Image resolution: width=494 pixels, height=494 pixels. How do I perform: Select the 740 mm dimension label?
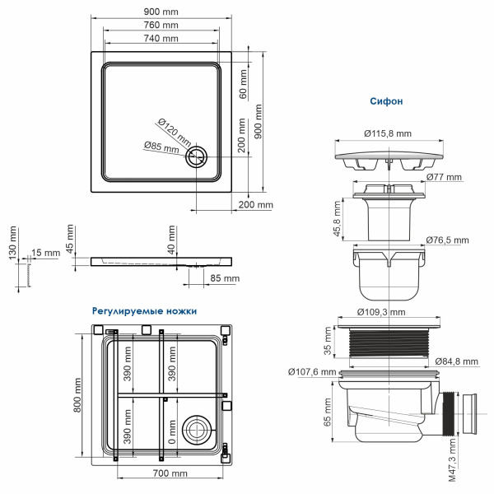161,39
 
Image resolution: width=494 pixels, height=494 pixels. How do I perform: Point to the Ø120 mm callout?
174,130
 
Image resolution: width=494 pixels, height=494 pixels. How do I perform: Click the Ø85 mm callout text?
161,147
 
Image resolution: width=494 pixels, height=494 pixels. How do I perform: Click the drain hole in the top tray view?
198,157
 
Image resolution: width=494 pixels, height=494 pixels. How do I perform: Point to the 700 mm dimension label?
170,473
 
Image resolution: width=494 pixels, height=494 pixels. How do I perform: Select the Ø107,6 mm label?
313,372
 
